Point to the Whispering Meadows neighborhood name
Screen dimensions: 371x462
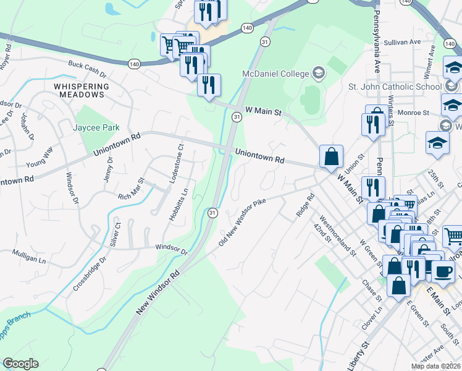pos(78,91)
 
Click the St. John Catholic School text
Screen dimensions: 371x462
pos(396,86)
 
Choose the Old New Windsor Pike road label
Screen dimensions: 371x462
pos(245,221)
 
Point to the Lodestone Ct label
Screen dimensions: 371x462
pos(181,164)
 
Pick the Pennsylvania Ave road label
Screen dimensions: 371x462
pos(376,38)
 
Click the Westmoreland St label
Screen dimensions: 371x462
pos(338,236)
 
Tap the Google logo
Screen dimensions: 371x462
pos(20,364)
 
